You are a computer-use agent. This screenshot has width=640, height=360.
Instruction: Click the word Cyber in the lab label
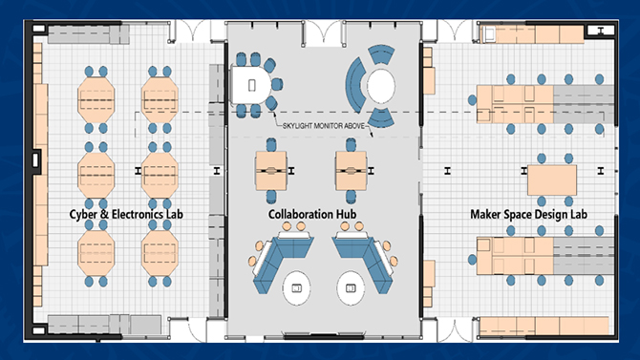coord(82,214)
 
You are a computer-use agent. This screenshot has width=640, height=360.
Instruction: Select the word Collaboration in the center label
coord(300,214)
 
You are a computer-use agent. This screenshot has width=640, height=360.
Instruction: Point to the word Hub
coord(346,214)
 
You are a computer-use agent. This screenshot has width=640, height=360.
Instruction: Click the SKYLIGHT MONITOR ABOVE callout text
coord(323,126)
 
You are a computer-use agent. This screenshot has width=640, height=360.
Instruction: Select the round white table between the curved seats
coord(381,86)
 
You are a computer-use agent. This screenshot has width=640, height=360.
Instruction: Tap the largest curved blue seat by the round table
coord(354,85)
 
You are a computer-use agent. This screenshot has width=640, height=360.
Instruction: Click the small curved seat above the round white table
coord(381,54)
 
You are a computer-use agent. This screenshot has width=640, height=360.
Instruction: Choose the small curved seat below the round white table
coord(380,117)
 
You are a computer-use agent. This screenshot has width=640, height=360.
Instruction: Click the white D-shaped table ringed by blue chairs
coord(250,85)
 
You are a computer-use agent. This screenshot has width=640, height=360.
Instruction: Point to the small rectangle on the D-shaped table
coord(252,85)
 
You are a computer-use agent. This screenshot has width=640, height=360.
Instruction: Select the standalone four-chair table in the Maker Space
coord(552,180)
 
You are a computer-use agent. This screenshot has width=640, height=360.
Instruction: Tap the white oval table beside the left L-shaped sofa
coord(296,288)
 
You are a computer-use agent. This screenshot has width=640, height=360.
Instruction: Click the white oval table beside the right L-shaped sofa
coord(351,288)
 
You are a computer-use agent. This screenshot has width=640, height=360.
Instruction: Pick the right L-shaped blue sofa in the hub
coord(366,262)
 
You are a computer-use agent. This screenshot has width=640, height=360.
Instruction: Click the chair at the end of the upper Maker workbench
coord(472,99)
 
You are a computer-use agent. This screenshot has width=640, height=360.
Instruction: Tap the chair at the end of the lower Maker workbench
coord(472,259)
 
